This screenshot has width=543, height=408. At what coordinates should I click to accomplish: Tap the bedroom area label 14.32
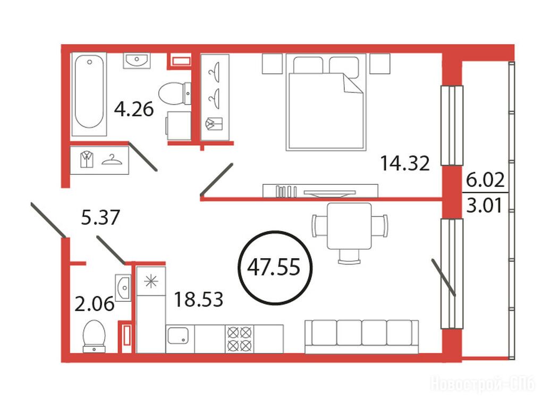pyautogui.click(x=405, y=163)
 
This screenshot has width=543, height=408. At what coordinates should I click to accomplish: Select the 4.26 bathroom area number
pyautogui.click(x=134, y=109)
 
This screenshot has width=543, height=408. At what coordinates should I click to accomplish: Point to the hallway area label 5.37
pyautogui.click(x=100, y=217)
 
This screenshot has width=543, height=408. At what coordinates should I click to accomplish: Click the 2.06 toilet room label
pyautogui.click(x=94, y=304)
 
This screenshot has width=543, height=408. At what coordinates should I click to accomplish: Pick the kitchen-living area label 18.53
pyautogui.click(x=198, y=299)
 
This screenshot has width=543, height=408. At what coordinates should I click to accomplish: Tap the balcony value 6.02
pyautogui.click(x=485, y=180)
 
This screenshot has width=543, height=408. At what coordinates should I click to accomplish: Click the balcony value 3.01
pyautogui.click(x=485, y=206)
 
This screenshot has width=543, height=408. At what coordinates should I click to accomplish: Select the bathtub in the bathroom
pyautogui.click(x=89, y=94)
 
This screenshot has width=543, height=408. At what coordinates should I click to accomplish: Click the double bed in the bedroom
pyautogui.click(x=326, y=102)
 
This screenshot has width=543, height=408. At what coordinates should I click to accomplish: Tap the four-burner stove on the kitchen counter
pyautogui.click(x=239, y=339)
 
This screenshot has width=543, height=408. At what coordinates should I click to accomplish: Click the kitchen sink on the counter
pyautogui.click(x=178, y=335)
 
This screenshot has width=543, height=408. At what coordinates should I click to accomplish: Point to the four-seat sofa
pyautogui.click(x=361, y=337)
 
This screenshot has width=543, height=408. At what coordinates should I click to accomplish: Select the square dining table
pyautogui.click(x=349, y=226)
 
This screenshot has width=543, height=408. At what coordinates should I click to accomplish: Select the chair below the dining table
pyautogui.click(x=350, y=256)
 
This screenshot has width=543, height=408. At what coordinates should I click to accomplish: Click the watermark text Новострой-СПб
pyautogui.click(x=482, y=384)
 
